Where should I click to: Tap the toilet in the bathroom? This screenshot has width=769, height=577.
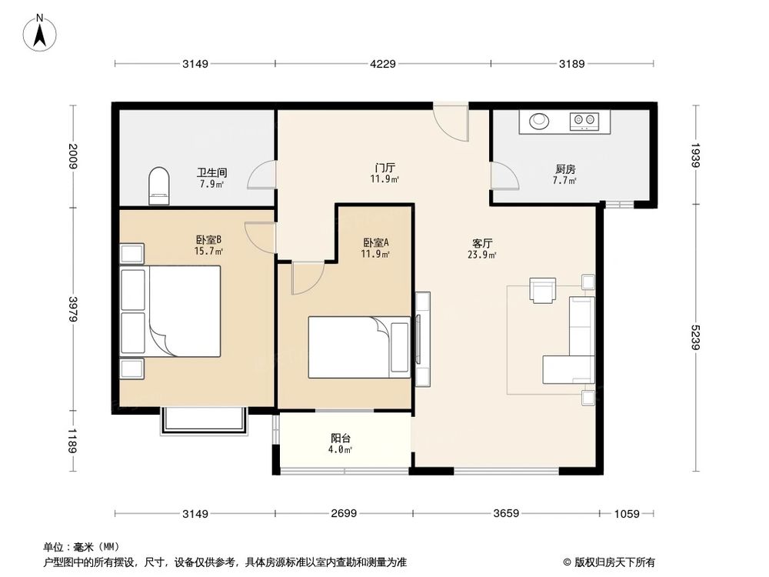158,187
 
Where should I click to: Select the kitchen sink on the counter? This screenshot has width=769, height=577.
539,120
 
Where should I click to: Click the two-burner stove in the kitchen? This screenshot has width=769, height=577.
584,120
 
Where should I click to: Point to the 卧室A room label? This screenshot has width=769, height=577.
376,242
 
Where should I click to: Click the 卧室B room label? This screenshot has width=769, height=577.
208,239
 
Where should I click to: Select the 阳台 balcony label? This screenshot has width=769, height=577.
341,439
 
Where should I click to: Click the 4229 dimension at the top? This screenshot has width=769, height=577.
382,65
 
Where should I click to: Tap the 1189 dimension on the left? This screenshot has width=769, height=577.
72,442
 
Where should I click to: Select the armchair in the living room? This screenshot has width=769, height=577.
544,289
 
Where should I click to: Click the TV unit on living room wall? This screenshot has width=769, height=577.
422,331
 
